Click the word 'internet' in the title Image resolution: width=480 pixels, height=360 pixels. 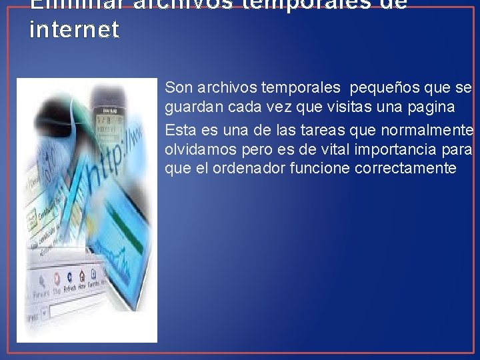pyautogui.click(x=75, y=30)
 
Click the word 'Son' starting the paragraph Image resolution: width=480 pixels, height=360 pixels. pyautogui.click(x=177, y=87)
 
